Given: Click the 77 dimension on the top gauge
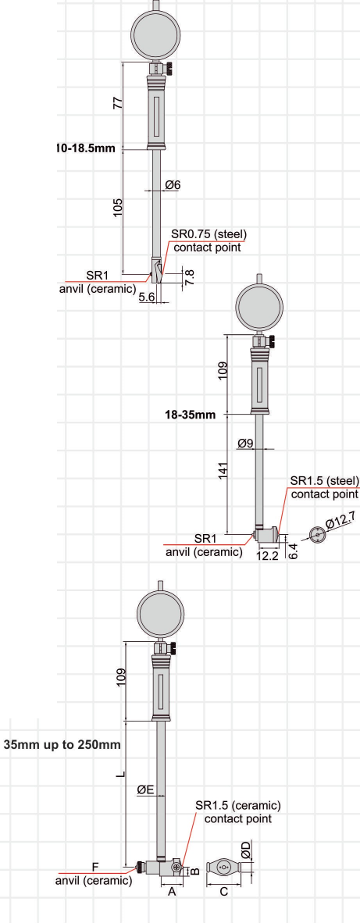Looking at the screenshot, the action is (118, 102).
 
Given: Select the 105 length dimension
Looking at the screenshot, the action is (118, 207).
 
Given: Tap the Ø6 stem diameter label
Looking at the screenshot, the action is (173, 185).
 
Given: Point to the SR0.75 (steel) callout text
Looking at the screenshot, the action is (209, 234).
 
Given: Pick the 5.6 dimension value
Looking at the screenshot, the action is (147, 298).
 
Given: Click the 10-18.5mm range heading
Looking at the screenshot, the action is (86, 148).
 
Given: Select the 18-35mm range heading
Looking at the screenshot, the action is (190, 415).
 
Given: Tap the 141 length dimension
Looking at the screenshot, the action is (223, 469).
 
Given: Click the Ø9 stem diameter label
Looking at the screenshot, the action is (247, 444).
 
